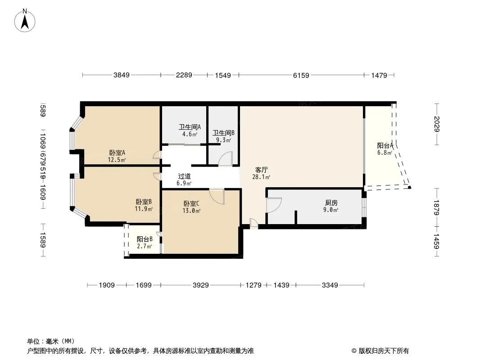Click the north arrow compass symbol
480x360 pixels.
coord(25,20)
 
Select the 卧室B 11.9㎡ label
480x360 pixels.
coord(144,205)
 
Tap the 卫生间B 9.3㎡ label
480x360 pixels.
coord(223,136)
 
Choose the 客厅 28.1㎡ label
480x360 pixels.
coord(262,173)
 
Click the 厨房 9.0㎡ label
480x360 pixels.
coord(331,206)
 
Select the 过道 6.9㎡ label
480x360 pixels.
coord(184,180)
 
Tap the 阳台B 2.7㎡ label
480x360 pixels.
coord(145,243)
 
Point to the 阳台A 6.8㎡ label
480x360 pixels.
coord(385,149)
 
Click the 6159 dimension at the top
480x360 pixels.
coord(301,76)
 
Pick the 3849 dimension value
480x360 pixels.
coord(121,76)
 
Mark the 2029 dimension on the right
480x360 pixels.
coord(436,124)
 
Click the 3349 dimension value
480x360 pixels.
coord(330,285)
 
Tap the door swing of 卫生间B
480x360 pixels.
coord(226,159)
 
